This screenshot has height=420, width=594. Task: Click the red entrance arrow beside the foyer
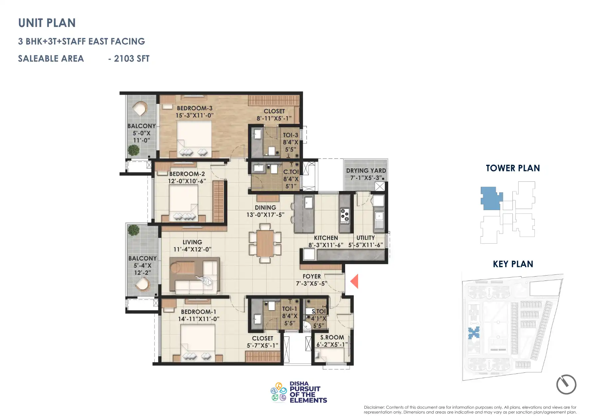click(354, 281)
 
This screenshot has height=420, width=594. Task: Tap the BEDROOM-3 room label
click(194, 108)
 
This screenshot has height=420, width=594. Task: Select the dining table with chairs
click(265, 244)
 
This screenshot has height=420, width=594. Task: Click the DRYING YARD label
click(366, 171)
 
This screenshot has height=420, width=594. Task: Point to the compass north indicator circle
click(566, 384)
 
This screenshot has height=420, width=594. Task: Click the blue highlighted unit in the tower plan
click(490, 198)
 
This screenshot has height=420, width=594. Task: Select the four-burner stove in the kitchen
click(344, 215)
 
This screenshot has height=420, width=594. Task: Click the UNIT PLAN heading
click(47, 23)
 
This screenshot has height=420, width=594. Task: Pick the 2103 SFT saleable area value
click(131, 59)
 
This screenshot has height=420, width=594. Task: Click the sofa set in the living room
click(194, 276)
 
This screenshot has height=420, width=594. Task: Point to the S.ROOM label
click(332, 337)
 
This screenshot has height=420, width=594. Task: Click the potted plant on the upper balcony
click(133, 150)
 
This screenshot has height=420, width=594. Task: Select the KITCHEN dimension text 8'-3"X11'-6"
click(325, 245)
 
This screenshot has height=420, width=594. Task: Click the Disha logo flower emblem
click(279, 392)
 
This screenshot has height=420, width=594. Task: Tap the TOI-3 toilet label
click(290, 135)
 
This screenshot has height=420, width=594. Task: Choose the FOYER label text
click(311, 276)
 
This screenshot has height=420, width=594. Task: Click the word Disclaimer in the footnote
click(374, 407)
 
